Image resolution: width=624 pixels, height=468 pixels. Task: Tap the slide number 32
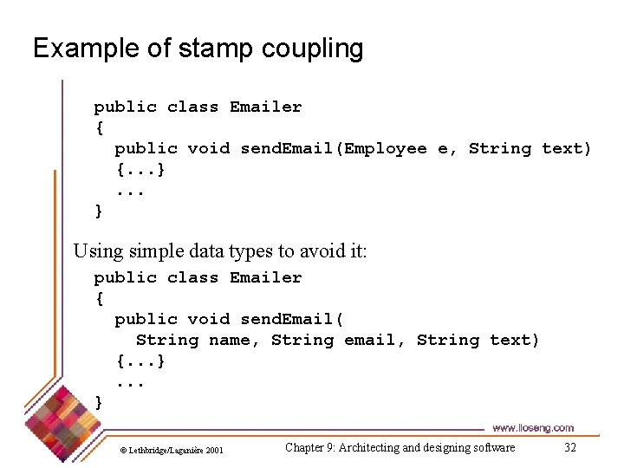569,447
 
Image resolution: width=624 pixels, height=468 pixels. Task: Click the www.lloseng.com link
532,428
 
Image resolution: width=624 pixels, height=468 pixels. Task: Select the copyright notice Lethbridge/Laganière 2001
172,450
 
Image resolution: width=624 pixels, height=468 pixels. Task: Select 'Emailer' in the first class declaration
265,107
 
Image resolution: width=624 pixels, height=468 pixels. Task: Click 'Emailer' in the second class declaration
265,277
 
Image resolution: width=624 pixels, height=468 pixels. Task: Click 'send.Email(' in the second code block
292,319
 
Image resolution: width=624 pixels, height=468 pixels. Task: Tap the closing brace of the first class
99,211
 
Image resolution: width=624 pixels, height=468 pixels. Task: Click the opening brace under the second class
99,298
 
